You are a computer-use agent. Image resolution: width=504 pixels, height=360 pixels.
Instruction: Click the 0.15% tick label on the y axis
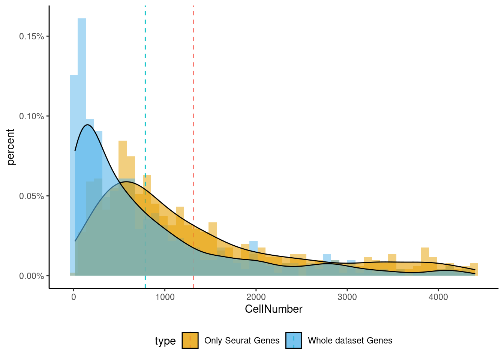(x=31, y=36)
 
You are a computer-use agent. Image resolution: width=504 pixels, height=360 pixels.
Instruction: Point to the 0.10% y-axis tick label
(x=31, y=116)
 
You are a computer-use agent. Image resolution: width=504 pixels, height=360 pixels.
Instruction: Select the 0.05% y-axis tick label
(x=31, y=196)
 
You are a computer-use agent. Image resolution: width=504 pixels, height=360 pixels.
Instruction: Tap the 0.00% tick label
(x=31, y=276)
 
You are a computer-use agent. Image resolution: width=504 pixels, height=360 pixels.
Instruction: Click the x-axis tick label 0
(x=73, y=297)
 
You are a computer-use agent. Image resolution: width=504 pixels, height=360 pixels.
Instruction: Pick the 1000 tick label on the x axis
(x=165, y=297)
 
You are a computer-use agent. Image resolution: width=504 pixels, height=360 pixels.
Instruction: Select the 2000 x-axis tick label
(x=256, y=297)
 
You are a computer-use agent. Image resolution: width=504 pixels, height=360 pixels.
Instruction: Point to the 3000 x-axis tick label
(x=347, y=297)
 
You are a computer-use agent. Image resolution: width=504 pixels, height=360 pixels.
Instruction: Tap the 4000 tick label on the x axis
(x=438, y=297)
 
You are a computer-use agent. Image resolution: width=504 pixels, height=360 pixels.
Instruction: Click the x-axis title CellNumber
(x=273, y=309)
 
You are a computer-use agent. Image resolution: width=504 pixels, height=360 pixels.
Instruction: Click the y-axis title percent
(x=10, y=147)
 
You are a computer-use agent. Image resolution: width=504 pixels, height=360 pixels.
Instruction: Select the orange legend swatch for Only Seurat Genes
(x=190, y=340)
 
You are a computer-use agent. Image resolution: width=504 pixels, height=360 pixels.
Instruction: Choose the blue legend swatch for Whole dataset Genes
(x=294, y=340)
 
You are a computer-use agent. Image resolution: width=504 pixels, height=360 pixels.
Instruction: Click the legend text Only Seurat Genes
(x=242, y=340)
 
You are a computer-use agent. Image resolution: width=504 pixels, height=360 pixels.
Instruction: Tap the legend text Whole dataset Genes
(x=350, y=340)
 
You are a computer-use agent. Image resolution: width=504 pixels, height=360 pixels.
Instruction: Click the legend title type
(x=165, y=341)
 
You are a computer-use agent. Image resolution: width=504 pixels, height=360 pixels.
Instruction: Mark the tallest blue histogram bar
(x=82, y=112)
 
